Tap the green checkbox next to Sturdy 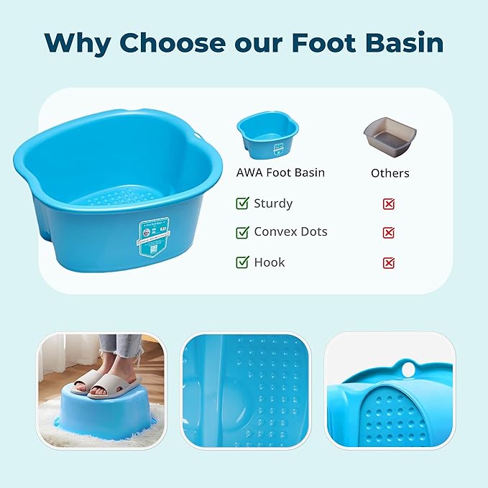[242, 203]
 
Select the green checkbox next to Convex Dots [242, 232]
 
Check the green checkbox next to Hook [242, 262]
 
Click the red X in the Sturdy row [389, 204]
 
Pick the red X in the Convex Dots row [389, 233]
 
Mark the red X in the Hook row [389, 263]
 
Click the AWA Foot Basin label [280, 172]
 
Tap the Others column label [390, 173]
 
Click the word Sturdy [273, 203]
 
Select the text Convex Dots [290, 232]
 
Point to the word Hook [270, 262]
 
